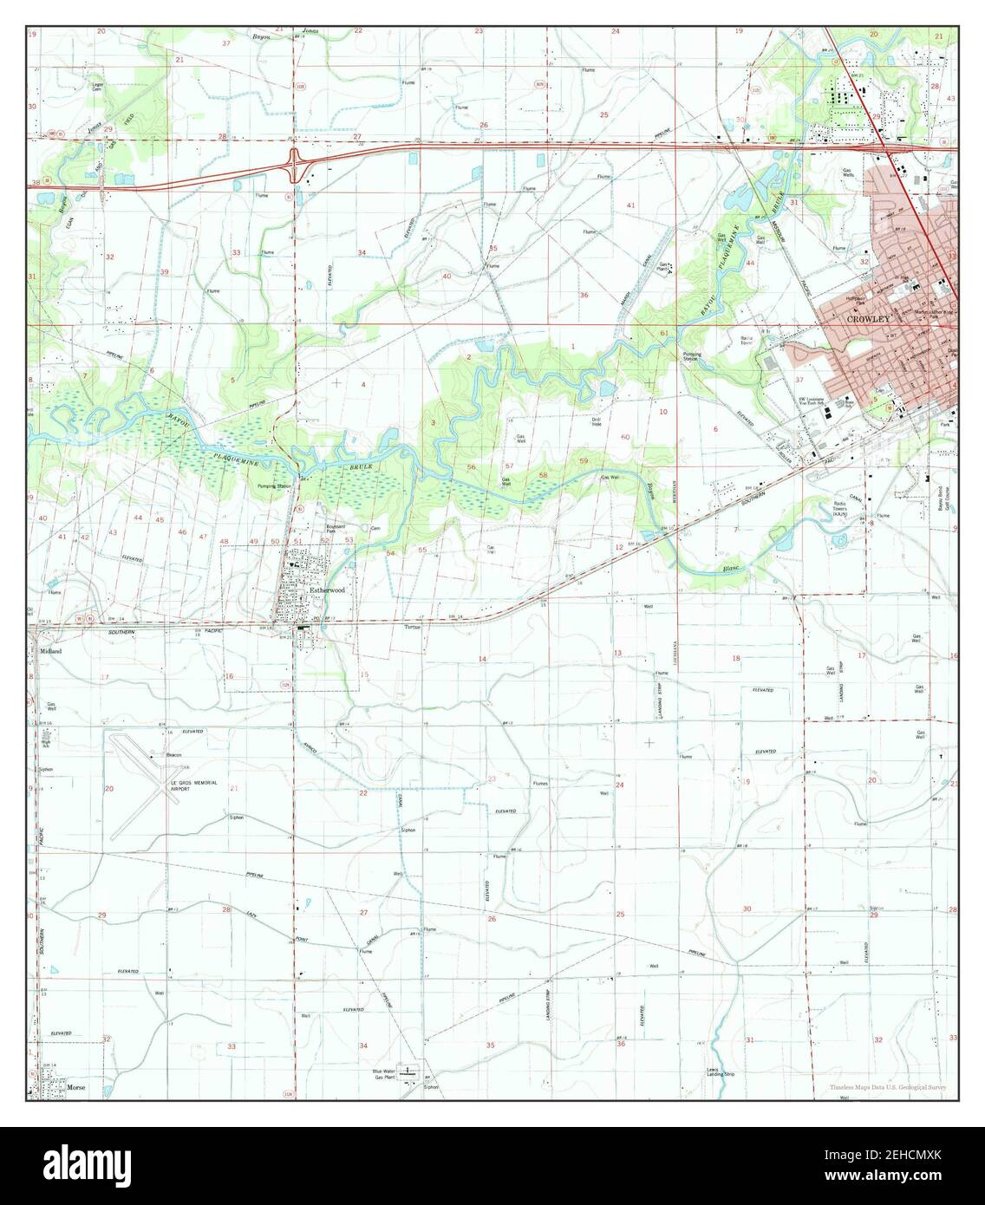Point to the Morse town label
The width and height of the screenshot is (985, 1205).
tap(77, 1085)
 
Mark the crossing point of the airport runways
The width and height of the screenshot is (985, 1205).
tap(161, 786)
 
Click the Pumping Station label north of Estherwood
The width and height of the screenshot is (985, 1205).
tap(271, 486)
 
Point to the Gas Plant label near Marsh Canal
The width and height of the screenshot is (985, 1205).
tap(664, 267)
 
